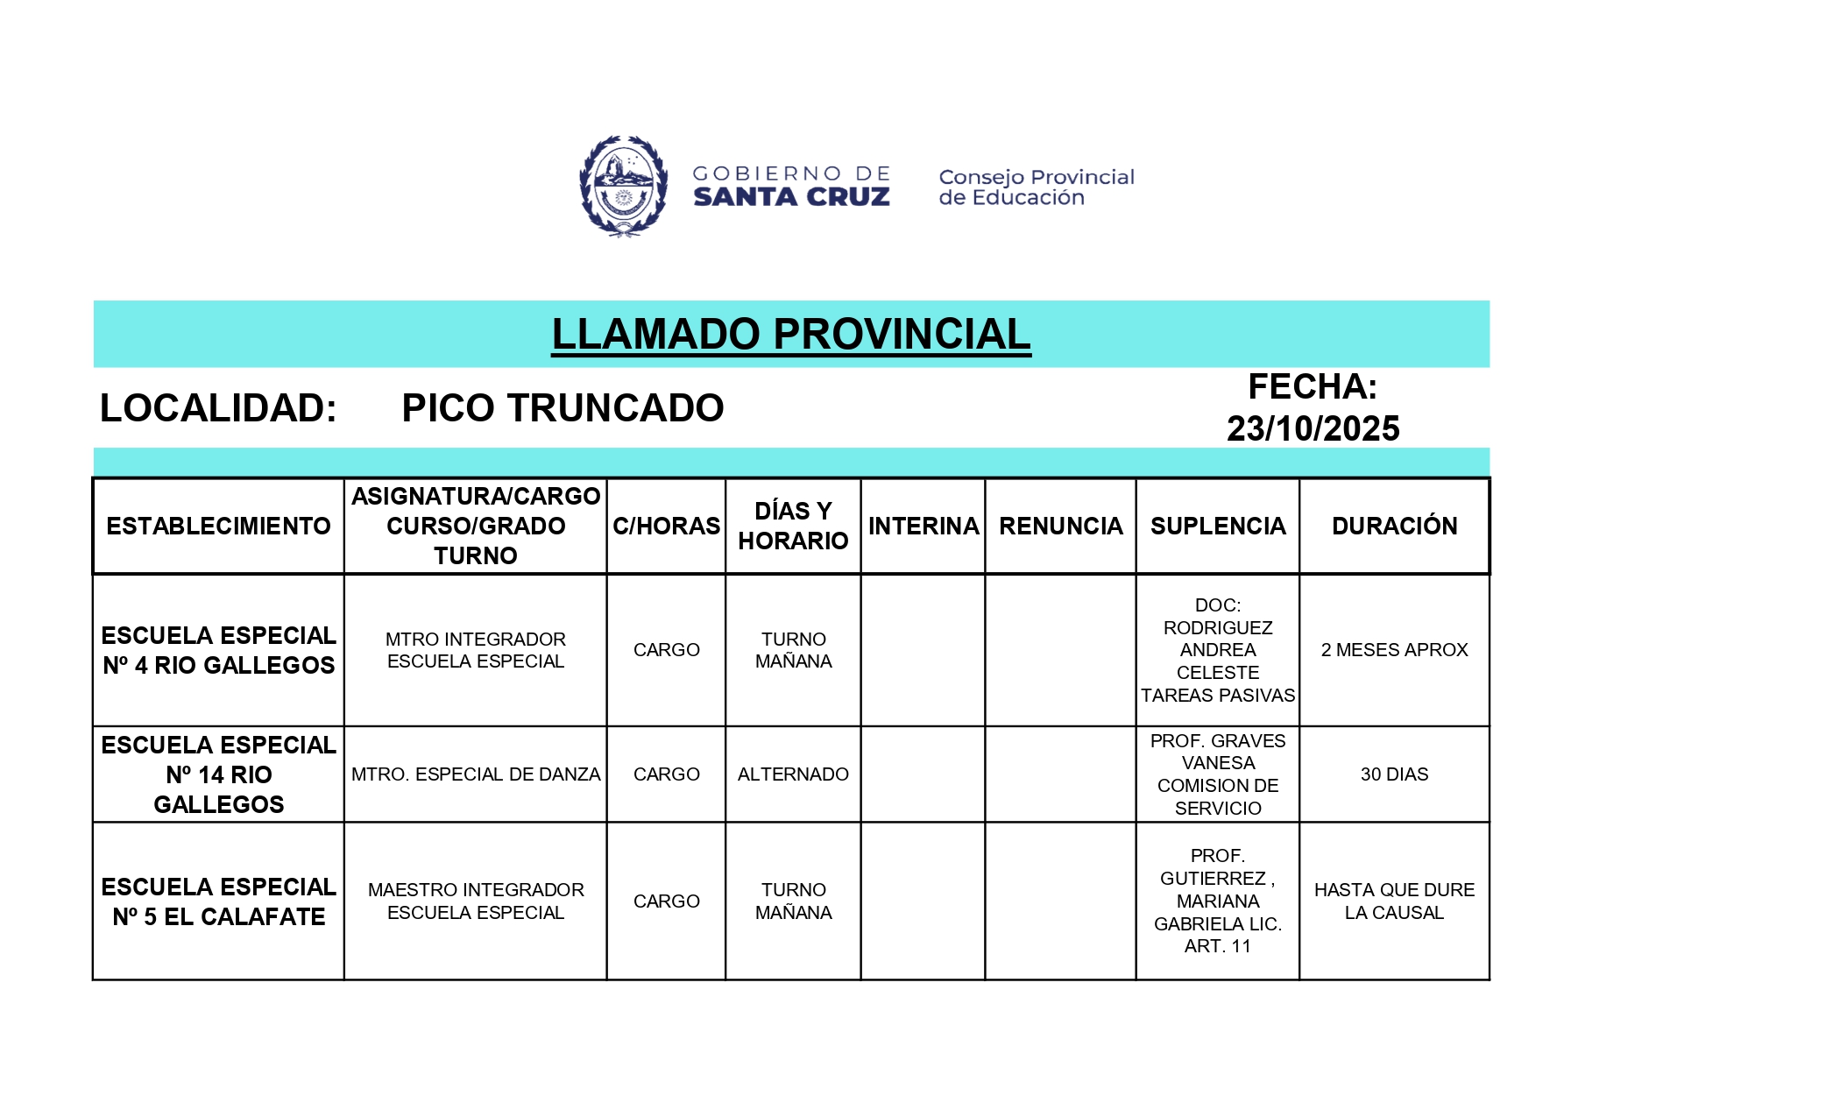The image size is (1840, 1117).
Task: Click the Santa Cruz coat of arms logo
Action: (x=623, y=186)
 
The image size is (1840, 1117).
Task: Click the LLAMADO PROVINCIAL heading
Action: (x=790, y=335)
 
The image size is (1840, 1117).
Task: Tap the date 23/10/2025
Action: (x=1313, y=429)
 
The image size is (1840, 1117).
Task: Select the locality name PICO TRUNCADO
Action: (x=563, y=408)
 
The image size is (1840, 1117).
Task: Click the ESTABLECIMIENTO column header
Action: (x=218, y=527)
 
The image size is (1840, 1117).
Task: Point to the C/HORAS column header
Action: (x=666, y=527)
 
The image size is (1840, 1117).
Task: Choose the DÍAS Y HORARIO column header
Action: (x=793, y=526)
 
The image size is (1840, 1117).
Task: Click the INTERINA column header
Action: (x=924, y=527)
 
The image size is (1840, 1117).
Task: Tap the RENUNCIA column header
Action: (x=1060, y=527)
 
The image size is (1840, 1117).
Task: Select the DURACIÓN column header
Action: (x=1394, y=527)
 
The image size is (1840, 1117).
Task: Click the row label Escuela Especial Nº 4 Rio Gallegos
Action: (x=218, y=650)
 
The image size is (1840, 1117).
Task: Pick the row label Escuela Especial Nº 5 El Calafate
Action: (x=218, y=901)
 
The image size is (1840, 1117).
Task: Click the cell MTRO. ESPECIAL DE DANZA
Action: (x=476, y=774)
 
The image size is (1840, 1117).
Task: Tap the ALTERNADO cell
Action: (x=793, y=774)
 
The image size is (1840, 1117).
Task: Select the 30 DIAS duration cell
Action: (x=1394, y=774)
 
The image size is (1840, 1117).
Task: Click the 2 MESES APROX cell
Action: (x=1394, y=650)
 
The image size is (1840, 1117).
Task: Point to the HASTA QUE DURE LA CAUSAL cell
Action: (x=1394, y=901)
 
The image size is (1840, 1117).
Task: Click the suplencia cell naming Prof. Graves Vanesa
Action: (x=1218, y=774)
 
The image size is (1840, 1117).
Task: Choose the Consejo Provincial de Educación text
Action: (x=1036, y=187)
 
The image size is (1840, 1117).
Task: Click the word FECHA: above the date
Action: (x=1313, y=387)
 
